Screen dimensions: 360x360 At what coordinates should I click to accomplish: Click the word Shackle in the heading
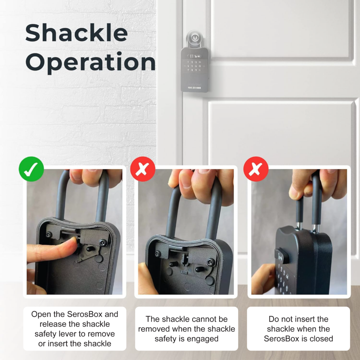76,33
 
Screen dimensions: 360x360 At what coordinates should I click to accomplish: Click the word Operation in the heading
90,62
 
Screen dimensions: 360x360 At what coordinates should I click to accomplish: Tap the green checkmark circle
31,169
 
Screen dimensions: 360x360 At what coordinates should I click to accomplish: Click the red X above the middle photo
143,169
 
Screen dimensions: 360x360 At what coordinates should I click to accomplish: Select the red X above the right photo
256,169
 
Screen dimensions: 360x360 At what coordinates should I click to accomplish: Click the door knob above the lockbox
194,39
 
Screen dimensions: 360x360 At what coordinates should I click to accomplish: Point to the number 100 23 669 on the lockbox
194,88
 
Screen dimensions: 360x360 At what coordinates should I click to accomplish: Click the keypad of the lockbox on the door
194,66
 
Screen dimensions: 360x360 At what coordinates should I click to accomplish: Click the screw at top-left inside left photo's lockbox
49,234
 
